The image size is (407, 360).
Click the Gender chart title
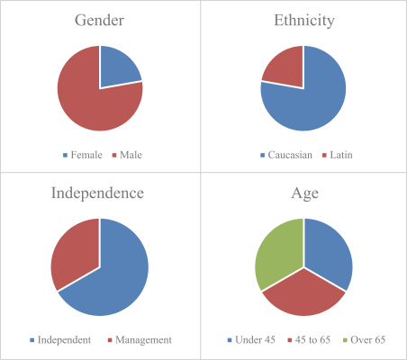tap(99, 21)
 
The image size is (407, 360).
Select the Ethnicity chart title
tap(304, 21)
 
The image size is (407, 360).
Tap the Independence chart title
tap(97, 193)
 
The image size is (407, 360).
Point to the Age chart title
tap(304, 193)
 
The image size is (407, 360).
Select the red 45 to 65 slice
tap(303, 295)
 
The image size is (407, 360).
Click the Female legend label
tap(86, 155)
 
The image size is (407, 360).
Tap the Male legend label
tap(131, 155)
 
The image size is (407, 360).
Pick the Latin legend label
tap(341, 155)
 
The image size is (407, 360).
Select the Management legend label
tap(143, 340)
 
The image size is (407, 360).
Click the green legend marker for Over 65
tap(345, 340)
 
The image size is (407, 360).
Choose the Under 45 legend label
tap(255, 339)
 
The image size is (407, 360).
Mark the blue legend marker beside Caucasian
tap(263, 155)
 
